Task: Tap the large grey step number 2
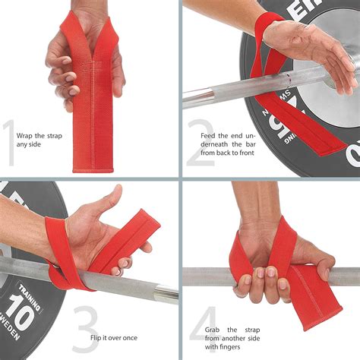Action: point(201,143)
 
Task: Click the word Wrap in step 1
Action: point(24,136)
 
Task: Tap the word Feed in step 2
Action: point(207,136)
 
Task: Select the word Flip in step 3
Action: point(96,338)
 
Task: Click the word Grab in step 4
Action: point(212,330)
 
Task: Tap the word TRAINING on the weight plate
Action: point(30,297)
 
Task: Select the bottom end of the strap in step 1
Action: point(93,169)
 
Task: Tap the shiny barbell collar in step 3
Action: point(167,294)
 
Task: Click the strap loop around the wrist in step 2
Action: point(264,28)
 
